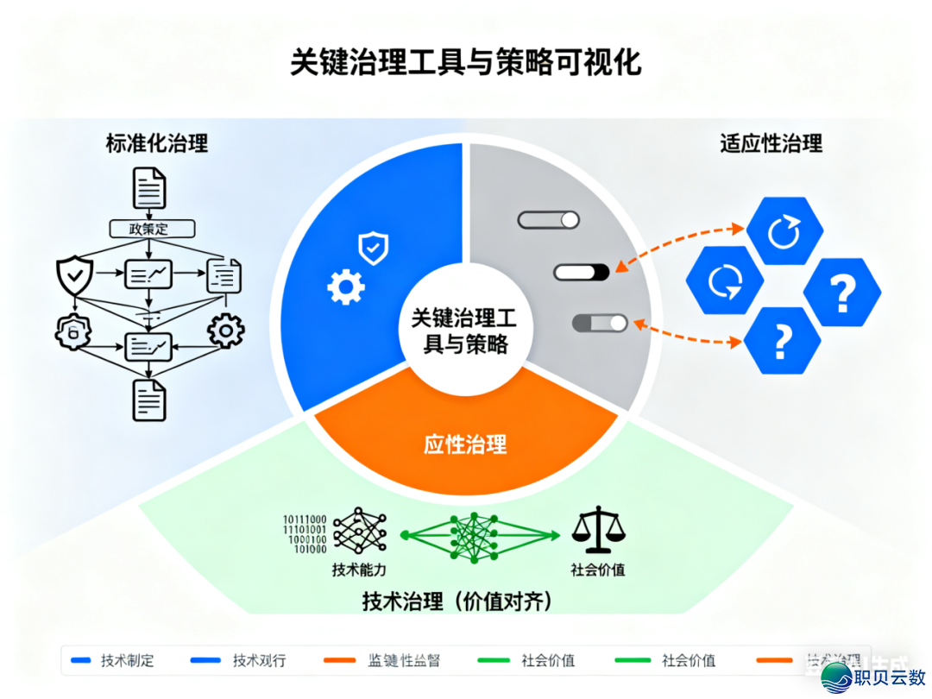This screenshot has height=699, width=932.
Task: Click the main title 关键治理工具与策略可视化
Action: pyautogui.click(x=465, y=64)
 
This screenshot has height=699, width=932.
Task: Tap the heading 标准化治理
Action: pyautogui.click(x=157, y=143)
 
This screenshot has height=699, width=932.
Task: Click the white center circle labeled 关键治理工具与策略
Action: pyautogui.click(x=464, y=332)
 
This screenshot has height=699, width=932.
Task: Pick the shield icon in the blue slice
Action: pyautogui.click(x=373, y=248)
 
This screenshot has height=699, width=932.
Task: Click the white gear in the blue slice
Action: pyautogui.click(x=345, y=287)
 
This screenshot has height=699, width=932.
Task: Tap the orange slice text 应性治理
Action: pyautogui.click(x=465, y=445)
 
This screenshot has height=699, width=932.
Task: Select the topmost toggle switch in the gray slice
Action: pyautogui.click(x=549, y=220)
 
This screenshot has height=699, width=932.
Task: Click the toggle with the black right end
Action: pyautogui.click(x=582, y=273)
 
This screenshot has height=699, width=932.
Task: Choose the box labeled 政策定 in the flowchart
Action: pyautogui.click(x=152, y=229)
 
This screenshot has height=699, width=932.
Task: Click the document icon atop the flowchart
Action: pyautogui.click(x=149, y=188)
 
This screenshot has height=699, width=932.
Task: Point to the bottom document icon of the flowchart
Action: pyautogui.click(x=149, y=400)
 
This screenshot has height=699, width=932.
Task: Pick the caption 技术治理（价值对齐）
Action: pyautogui.click(x=457, y=601)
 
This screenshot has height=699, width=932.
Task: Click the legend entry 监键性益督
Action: pyautogui.click(x=404, y=661)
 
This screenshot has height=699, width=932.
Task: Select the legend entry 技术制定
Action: pyautogui.click(x=127, y=661)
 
